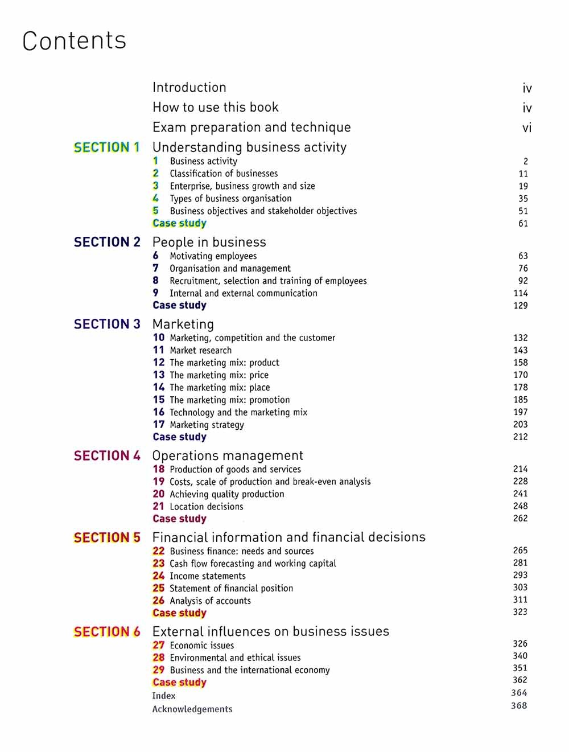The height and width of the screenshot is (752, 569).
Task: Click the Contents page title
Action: point(74,41)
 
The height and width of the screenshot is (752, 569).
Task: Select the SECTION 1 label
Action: point(107,147)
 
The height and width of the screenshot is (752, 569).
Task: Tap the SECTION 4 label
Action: point(107,456)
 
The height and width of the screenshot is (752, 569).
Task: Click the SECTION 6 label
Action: point(107,632)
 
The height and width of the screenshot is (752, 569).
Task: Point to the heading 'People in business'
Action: point(209,243)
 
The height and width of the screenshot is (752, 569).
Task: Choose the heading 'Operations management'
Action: point(228,456)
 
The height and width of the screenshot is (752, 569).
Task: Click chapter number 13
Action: point(158,375)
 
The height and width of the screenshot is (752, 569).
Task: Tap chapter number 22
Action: point(158,551)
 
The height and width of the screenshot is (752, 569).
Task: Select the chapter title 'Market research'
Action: point(200,351)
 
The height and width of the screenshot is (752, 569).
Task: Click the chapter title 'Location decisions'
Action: point(206,507)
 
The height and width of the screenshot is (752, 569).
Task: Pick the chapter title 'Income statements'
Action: point(207,576)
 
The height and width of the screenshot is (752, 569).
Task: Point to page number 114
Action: point(520,293)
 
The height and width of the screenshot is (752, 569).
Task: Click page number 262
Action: point(520,519)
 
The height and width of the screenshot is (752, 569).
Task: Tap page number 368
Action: point(519,706)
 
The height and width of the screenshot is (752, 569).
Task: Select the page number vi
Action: point(527,128)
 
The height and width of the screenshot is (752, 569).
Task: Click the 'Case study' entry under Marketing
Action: point(179,437)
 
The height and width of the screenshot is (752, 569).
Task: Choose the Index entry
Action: point(164,696)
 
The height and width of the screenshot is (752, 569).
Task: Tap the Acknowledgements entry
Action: point(192,709)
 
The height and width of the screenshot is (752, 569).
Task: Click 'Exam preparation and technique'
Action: point(251,128)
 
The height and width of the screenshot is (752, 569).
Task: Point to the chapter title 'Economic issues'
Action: point(201,646)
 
